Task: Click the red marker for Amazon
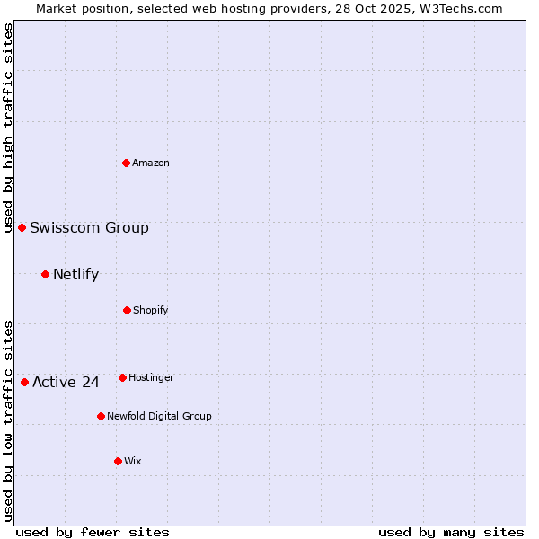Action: tap(127, 163)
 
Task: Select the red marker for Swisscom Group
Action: tap(22, 227)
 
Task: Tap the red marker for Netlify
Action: tap(45, 274)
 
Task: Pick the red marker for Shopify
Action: tap(127, 310)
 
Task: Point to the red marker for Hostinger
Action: tap(122, 377)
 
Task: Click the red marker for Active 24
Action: tap(24, 382)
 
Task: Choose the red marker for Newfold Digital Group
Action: tap(101, 416)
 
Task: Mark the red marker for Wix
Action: tap(118, 461)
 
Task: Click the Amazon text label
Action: tap(151, 163)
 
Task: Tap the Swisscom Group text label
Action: tap(89, 227)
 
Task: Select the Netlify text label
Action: tap(75, 274)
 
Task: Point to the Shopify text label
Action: tap(151, 310)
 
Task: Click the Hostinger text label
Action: tap(151, 377)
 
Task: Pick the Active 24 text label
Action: tap(66, 382)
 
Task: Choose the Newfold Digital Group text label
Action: tap(159, 416)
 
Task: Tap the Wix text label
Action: tap(133, 461)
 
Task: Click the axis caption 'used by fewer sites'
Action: tap(93, 532)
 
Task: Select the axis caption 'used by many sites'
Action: tap(451, 532)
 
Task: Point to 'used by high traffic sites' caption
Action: tap(8, 128)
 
